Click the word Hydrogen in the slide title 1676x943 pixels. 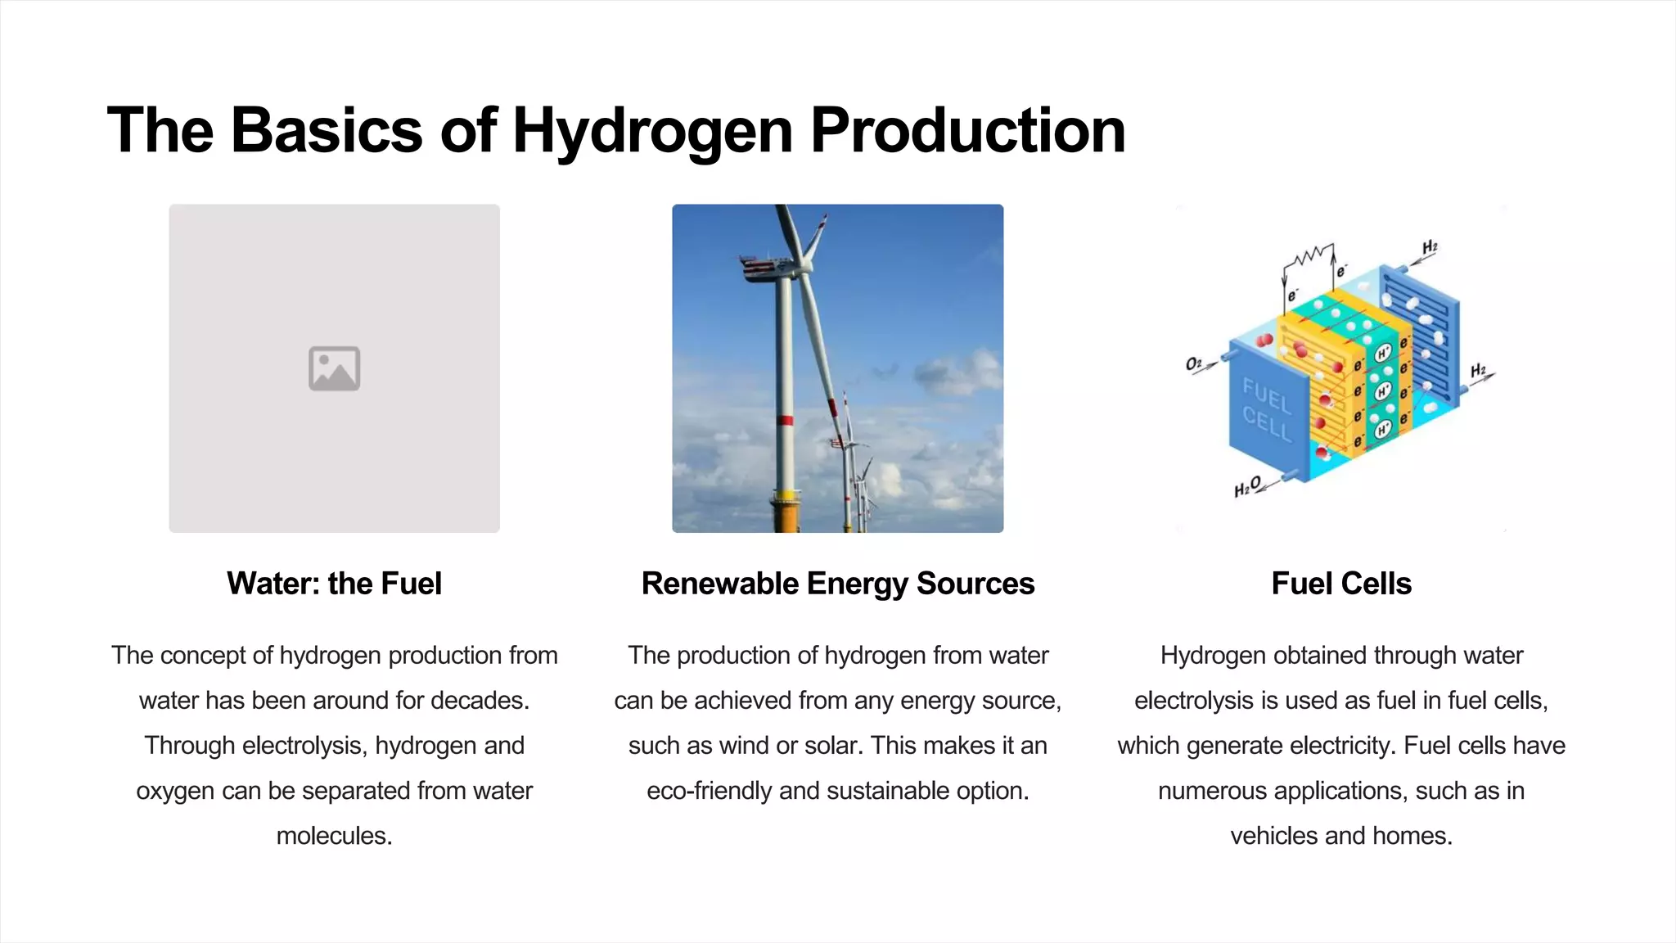pos(652,131)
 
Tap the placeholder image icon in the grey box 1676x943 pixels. pos(334,368)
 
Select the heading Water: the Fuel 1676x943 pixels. pos(334,584)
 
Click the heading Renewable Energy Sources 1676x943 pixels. pos(837,584)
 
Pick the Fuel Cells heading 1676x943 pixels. pos(1341,584)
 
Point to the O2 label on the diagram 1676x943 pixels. pos(1194,363)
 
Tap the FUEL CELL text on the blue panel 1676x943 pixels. pos(1267,409)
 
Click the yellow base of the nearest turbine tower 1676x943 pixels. pos(786,512)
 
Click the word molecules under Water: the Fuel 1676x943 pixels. pos(334,836)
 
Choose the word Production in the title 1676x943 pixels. pos(967,131)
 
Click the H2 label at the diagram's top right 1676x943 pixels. pos(1430,246)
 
